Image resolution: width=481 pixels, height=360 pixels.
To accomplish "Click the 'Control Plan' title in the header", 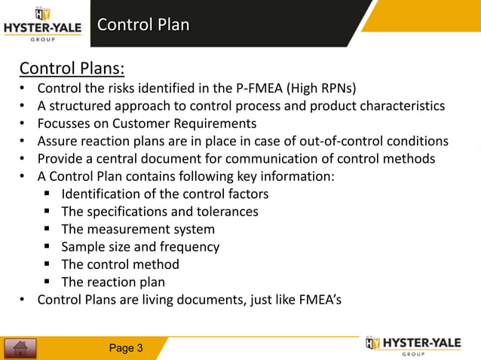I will [142, 25].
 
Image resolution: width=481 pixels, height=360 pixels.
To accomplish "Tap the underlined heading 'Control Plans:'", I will [72, 69].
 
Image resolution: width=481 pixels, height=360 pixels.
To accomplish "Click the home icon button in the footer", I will [20, 348].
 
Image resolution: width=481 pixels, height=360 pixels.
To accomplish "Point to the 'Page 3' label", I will [126, 348].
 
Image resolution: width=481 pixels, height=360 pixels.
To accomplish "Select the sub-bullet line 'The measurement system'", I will [138, 229].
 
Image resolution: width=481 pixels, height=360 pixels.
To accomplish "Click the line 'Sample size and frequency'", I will [140, 247].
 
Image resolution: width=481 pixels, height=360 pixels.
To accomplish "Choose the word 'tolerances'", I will [225, 212].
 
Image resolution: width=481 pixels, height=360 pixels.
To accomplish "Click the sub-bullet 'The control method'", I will [121, 265].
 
